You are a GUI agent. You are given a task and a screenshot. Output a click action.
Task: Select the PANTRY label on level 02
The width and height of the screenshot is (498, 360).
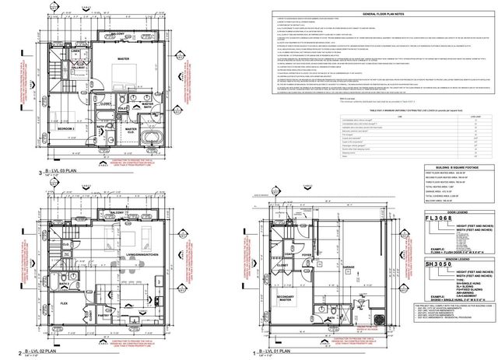[103, 316]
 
